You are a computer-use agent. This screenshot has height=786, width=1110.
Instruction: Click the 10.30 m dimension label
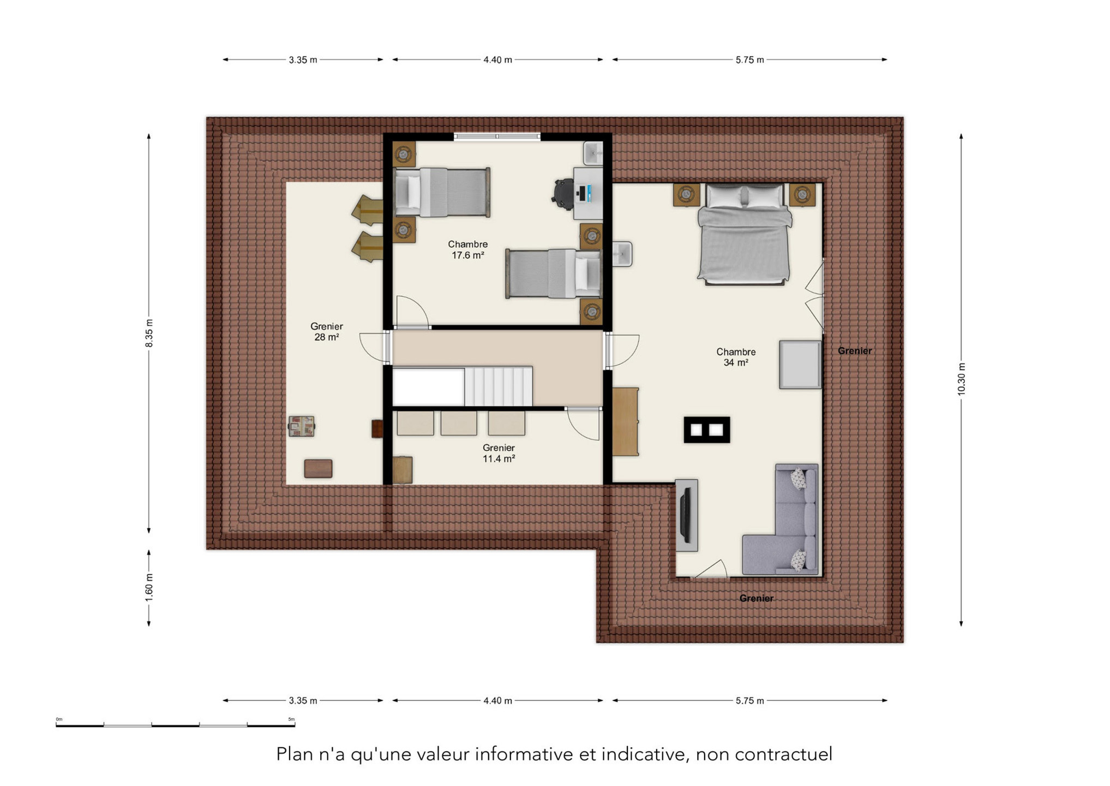tap(961, 379)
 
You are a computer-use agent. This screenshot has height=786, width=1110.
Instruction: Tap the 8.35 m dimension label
tap(149, 333)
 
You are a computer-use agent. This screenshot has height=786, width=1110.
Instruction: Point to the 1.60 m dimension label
tap(149, 587)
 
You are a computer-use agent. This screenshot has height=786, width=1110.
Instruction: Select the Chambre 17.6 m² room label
tap(468, 249)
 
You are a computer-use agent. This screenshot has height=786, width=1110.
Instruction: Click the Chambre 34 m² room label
tap(736, 357)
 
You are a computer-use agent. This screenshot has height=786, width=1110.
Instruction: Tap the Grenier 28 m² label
tap(327, 331)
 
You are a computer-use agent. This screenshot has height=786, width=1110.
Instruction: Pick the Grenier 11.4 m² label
tap(499, 453)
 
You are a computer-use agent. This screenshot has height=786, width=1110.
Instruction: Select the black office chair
tap(563, 194)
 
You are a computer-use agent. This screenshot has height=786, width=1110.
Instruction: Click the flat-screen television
tap(685, 514)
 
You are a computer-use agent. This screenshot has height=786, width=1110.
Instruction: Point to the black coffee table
tap(707, 430)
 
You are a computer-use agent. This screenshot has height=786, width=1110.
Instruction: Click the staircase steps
tap(498, 386)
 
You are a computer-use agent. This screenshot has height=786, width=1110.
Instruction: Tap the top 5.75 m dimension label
tap(749, 59)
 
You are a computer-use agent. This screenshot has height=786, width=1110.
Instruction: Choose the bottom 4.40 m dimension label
tap(497, 700)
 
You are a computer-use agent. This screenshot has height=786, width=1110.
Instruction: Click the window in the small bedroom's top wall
tap(497, 137)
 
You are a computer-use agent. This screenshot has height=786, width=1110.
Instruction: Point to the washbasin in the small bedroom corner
tap(593, 153)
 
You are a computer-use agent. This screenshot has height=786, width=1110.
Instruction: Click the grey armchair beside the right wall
tap(800, 365)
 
